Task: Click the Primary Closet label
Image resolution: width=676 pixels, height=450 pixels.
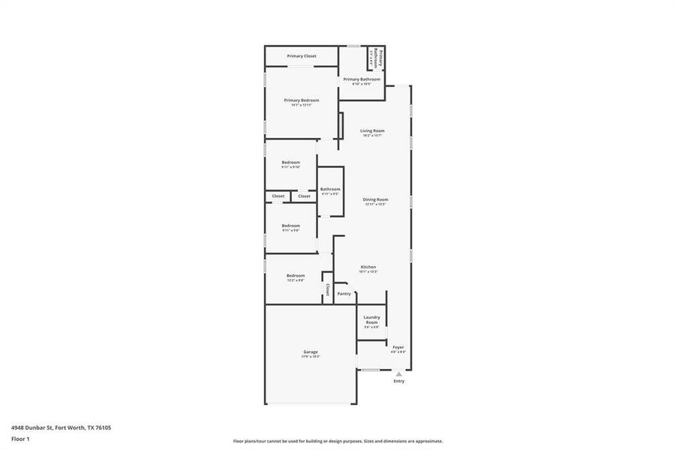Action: [x=301, y=56]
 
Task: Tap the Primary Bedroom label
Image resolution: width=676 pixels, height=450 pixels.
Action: [x=301, y=100]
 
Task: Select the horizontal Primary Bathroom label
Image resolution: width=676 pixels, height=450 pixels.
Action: [x=362, y=79]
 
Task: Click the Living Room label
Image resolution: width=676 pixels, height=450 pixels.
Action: [x=372, y=130]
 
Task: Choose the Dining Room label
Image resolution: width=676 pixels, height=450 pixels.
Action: [x=375, y=199]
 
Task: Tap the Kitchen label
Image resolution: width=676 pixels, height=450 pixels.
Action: [x=368, y=267]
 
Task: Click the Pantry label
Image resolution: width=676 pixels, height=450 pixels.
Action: [x=344, y=294]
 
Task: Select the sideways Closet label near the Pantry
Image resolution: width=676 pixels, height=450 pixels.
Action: [x=327, y=289]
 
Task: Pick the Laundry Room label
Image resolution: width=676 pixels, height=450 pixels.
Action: [x=372, y=319]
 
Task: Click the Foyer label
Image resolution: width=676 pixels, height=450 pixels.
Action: [x=398, y=346]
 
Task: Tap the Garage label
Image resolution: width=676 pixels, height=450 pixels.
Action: [x=311, y=352]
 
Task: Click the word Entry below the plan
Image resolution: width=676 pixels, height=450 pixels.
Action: [x=399, y=381]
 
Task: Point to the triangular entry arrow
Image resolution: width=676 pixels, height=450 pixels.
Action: [x=399, y=373]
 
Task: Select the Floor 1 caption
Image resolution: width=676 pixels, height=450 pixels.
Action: [x=20, y=439]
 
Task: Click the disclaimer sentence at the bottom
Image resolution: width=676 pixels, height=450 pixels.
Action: [x=338, y=441]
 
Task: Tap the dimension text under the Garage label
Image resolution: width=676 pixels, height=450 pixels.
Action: [x=311, y=356]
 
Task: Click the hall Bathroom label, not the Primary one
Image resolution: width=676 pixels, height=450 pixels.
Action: [x=330, y=189]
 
